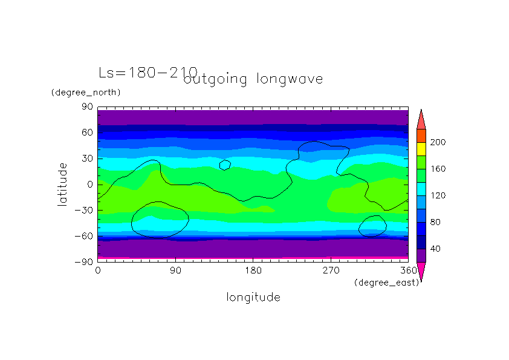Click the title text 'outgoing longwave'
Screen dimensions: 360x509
253,79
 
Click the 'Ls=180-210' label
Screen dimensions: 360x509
148,73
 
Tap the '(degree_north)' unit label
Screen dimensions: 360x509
86,93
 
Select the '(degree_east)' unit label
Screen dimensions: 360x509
386,282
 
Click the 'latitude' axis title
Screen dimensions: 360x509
62,184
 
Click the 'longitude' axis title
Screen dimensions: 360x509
253,297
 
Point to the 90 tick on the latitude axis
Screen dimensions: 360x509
87,107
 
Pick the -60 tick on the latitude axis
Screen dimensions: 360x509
85,236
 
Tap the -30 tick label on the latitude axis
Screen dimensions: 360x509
85,210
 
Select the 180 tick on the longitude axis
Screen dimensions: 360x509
253,270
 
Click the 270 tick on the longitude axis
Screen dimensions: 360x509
331,270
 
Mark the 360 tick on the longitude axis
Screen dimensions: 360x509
409,270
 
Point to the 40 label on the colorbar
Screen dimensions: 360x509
435,249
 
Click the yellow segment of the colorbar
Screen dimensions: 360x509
421,149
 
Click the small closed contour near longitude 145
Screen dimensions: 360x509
225,165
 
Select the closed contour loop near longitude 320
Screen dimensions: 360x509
372,226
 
